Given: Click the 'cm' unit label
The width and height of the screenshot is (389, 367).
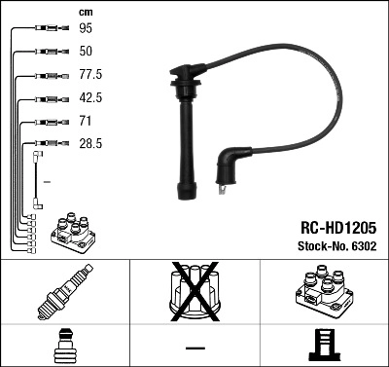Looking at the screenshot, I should (x=84, y=12).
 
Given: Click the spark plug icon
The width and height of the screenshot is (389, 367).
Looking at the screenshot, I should (x=65, y=295).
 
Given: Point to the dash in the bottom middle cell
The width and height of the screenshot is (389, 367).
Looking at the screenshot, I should (x=194, y=347).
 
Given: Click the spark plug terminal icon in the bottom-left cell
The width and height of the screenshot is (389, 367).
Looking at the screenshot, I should (x=65, y=347).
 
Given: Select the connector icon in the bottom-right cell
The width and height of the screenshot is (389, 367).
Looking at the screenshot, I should (x=323, y=347).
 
